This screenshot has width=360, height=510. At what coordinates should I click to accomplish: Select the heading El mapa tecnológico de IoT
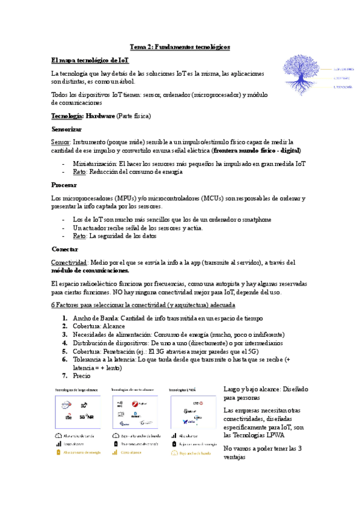pyautogui.click(x=90, y=60)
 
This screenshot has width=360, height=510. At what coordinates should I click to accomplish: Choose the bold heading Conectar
pyautogui.click(x=65, y=248)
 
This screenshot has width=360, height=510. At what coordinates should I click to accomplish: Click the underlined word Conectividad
pyautogui.click(x=70, y=262)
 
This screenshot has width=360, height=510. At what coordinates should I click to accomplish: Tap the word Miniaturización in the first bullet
pyautogui.click(x=94, y=163)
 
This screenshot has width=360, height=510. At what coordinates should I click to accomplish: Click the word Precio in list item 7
pyautogui.click(x=81, y=375)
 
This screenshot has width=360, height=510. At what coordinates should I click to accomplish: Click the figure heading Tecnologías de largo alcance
pyautogui.click(x=75, y=389)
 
